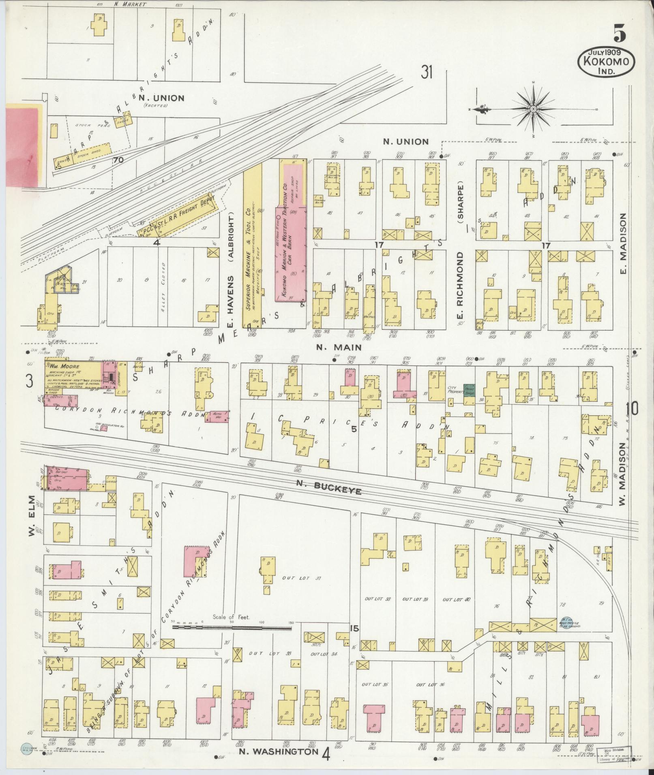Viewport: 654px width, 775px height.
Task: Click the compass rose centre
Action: coord(533,109)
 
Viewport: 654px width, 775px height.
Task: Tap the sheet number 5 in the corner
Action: coord(619,33)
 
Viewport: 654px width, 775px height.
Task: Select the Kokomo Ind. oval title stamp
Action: coord(606,62)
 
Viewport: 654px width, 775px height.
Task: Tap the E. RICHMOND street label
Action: coord(460,286)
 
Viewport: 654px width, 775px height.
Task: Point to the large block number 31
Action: coord(427,73)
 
